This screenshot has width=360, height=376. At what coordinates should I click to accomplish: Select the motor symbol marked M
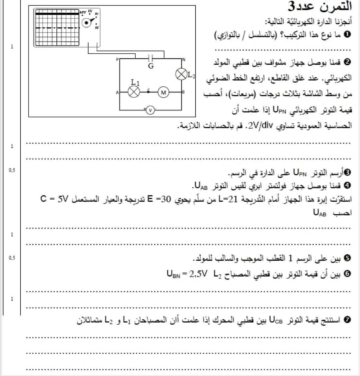click(x=163, y=92)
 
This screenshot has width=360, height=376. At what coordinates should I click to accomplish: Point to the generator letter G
click(x=151, y=66)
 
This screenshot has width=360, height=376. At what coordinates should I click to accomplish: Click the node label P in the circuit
click(x=117, y=59)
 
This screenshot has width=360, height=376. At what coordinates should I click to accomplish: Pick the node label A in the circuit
click(x=117, y=92)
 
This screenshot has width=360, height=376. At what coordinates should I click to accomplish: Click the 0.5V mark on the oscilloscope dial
click(x=82, y=13)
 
